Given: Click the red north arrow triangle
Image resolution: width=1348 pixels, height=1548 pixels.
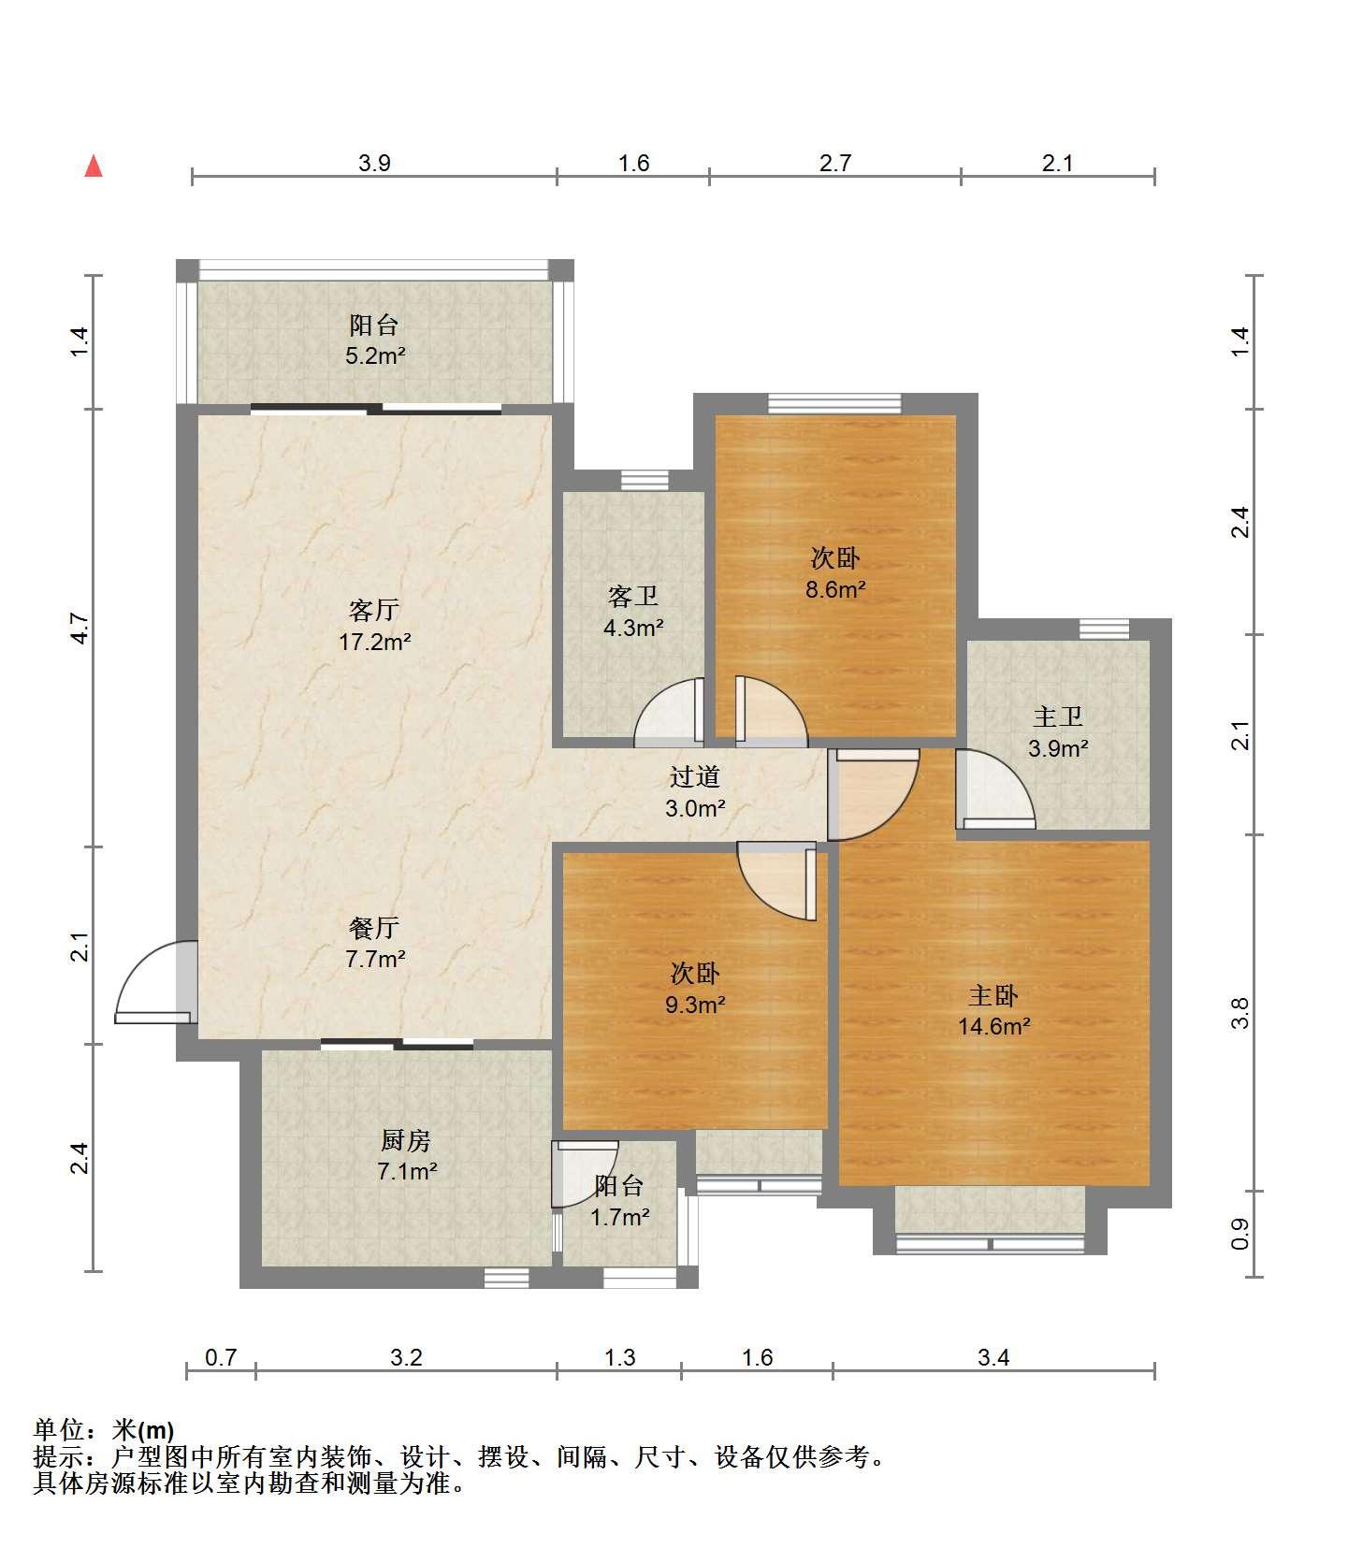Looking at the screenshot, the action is [94, 166].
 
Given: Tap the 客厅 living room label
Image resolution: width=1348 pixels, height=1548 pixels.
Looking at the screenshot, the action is [374, 611].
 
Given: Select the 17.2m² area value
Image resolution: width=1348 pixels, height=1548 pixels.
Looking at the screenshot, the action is [374, 643].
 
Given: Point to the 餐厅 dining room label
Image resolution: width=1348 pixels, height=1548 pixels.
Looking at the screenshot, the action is [374, 928].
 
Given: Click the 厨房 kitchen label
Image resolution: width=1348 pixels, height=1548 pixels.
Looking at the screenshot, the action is [406, 1140].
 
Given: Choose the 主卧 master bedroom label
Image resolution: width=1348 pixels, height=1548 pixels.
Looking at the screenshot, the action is [993, 995].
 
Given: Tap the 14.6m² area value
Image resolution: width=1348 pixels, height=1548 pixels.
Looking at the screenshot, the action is [993, 1027].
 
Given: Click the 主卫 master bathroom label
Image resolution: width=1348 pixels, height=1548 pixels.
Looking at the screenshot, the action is [1058, 717].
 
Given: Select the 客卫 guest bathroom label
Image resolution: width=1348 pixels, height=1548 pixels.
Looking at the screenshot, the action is [633, 596].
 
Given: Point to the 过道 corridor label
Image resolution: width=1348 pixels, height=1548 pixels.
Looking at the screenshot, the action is [695, 776].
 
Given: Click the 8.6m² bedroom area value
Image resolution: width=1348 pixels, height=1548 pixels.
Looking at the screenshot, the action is [835, 590].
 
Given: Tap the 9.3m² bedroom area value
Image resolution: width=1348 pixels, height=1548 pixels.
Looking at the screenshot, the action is [695, 1005].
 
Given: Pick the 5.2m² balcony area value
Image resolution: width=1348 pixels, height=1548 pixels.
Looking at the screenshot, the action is [375, 356].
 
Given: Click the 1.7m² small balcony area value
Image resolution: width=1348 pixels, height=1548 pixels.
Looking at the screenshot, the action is [619, 1217].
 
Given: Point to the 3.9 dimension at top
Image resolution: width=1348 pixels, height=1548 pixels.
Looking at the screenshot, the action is [374, 163].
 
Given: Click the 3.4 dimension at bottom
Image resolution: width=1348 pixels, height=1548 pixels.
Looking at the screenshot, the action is [993, 1357].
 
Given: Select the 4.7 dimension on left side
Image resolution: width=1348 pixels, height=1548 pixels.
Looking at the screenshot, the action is [80, 628].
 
